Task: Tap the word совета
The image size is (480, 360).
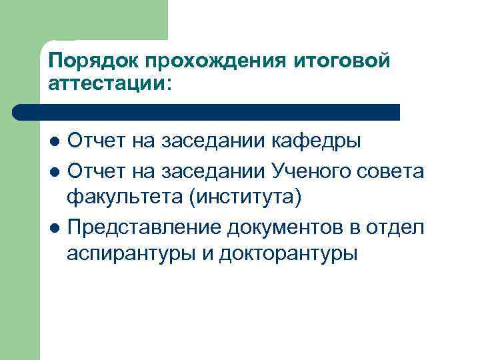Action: [394, 171]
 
